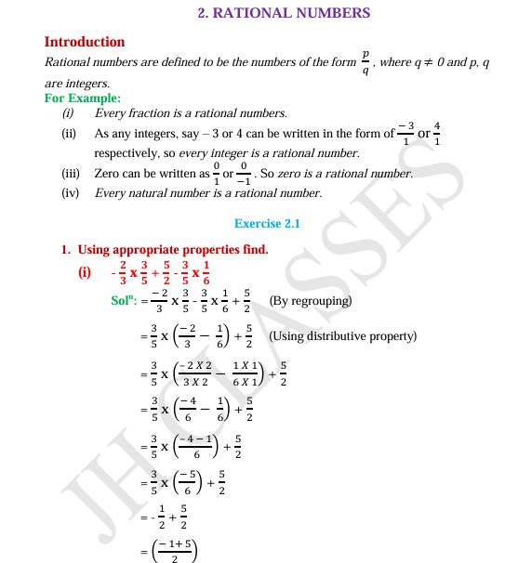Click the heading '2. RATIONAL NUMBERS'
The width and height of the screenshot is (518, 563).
click(x=285, y=13)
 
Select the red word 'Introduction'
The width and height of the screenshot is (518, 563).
click(x=85, y=42)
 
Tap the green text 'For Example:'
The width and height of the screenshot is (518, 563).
click(x=82, y=98)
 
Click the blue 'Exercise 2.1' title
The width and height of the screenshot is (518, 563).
click(x=267, y=223)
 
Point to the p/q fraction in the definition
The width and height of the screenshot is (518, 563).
click(x=365, y=63)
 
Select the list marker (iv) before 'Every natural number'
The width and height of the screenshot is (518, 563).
click(x=70, y=193)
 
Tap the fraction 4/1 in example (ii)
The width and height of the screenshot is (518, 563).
click(x=437, y=134)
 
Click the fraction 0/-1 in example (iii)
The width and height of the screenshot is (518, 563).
click(x=245, y=173)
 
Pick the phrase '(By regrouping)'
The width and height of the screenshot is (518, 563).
click(x=310, y=301)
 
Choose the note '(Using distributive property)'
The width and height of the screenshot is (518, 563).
click(x=341, y=336)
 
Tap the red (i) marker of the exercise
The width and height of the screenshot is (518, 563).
click(x=86, y=273)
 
